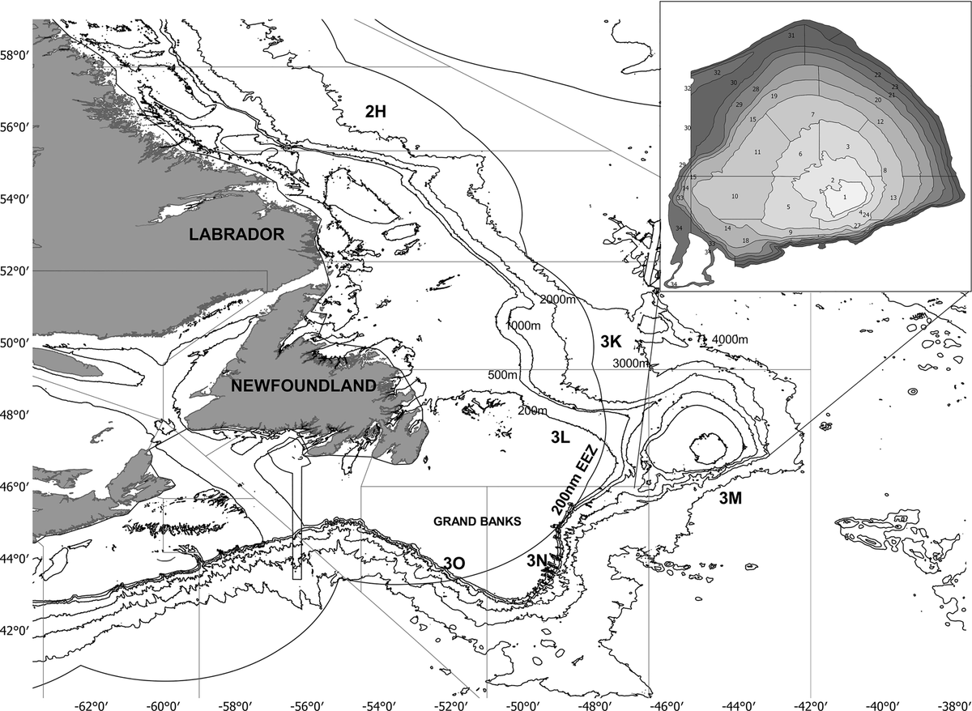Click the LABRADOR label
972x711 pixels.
236,235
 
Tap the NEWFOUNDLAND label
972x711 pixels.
304,386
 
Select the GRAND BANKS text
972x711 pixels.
476,522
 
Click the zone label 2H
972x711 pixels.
374,113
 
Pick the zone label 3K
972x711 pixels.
611,343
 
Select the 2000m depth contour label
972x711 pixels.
557,300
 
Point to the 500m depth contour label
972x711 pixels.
502,376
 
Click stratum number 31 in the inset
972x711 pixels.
791,36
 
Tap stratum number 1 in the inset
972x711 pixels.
844,197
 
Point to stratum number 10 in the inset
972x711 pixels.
735,197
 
